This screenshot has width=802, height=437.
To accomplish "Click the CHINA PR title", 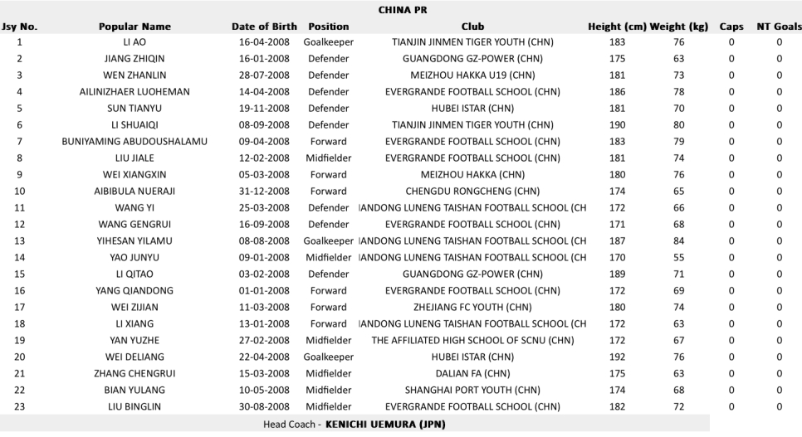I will point(401,10).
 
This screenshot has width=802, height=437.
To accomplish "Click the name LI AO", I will point(134,42).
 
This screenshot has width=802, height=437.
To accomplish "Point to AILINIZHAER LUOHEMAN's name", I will point(134,92).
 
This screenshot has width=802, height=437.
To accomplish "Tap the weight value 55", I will point(679,257).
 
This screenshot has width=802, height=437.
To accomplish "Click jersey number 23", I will point(19,406).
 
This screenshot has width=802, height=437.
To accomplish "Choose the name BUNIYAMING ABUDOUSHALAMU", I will point(134,142).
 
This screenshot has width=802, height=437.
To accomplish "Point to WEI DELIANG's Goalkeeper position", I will point(329,357).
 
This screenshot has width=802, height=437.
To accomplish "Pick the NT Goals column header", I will point(779,27).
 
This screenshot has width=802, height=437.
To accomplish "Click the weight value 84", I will point(679,240).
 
